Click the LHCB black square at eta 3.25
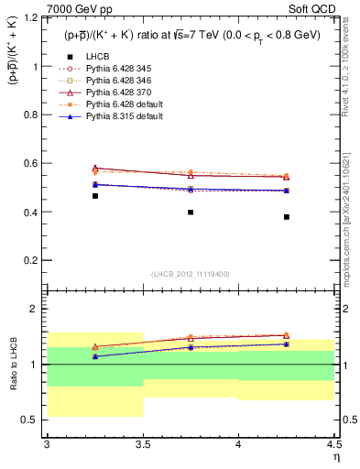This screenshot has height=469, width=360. pyautogui.click(x=95, y=196)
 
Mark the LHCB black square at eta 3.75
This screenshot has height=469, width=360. pyautogui.click(x=191, y=212)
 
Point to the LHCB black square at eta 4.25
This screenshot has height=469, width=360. pyautogui.click(x=287, y=217)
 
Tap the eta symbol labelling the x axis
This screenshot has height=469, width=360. pyautogui.click(x=335, y=457)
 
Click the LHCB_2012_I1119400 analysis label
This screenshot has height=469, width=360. pyautogui.click(x=191, y=273)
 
